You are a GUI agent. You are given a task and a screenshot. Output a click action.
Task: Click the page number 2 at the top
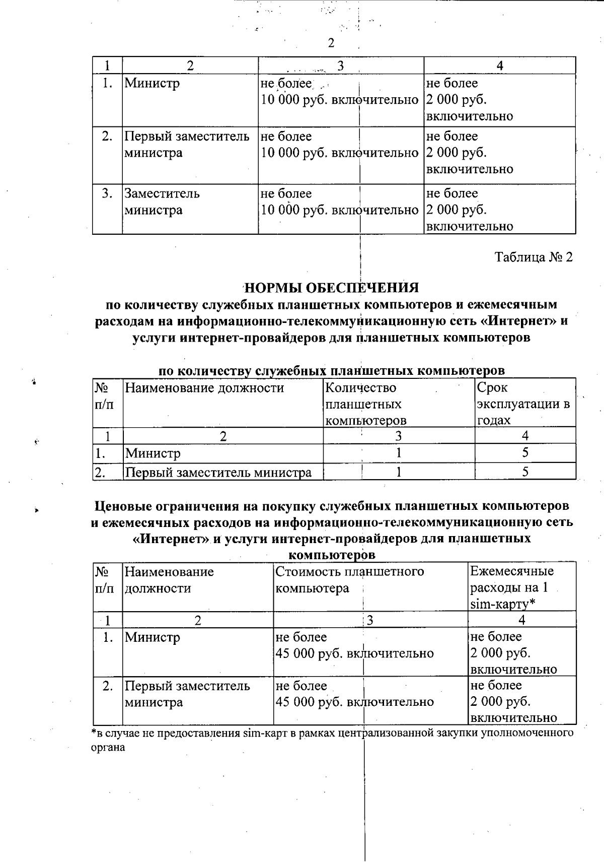331,43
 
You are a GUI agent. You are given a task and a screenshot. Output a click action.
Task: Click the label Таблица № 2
534,257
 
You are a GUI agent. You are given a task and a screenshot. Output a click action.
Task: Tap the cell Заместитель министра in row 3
162,202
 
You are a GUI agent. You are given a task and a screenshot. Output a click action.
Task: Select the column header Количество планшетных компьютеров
366,404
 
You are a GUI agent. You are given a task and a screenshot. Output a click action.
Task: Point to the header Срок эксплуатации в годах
523,404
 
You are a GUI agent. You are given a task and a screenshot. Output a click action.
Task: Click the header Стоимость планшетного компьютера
349,579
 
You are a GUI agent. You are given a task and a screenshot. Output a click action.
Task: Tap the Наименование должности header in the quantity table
204,388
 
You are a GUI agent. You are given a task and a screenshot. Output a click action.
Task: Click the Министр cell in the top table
152,83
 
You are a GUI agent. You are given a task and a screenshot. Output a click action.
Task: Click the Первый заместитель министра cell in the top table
187,144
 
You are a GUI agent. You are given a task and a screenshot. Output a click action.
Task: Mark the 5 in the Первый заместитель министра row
525,472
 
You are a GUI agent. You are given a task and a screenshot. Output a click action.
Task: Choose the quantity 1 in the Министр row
399,453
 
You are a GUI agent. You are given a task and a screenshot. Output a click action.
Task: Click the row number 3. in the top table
107,193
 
